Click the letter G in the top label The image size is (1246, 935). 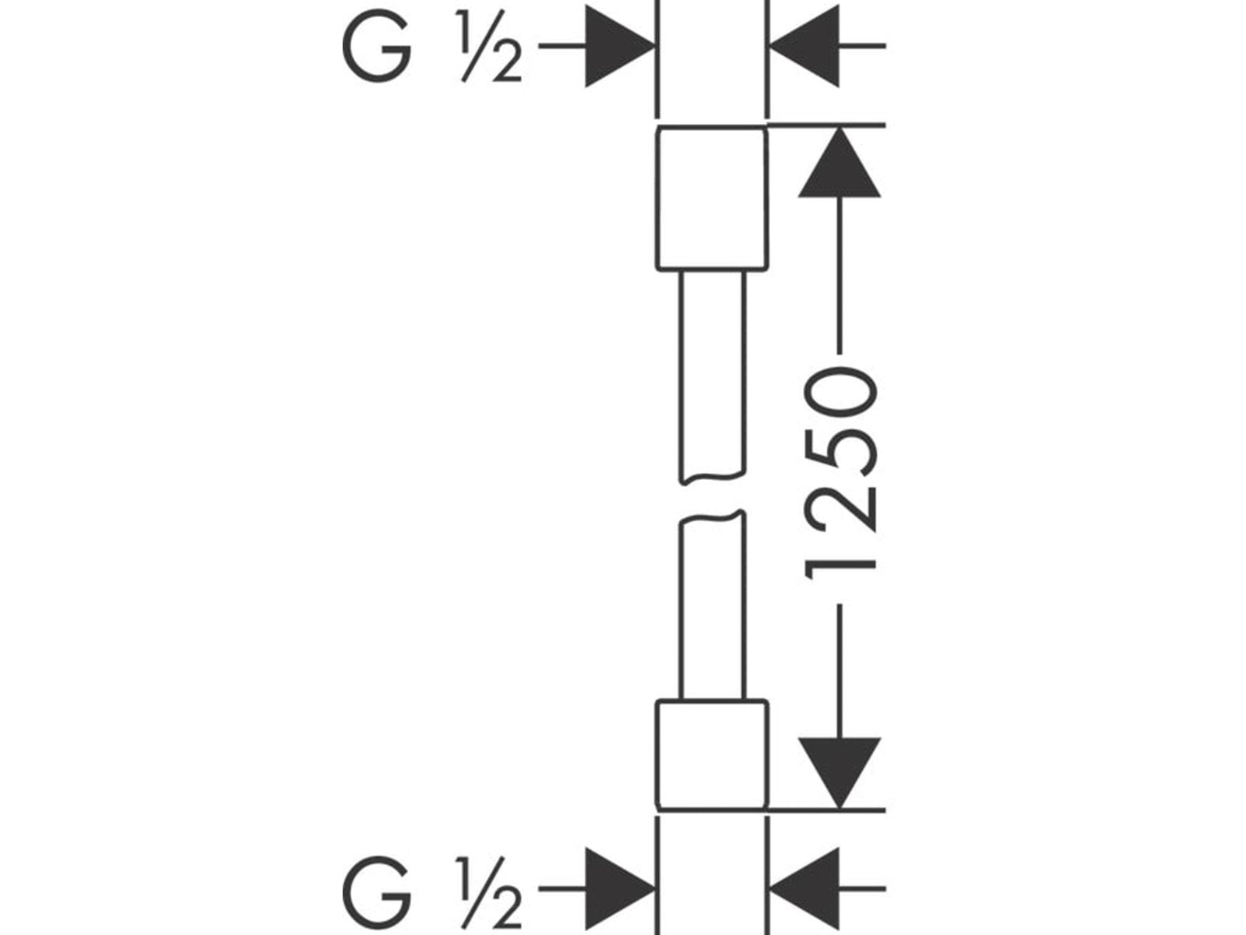[x=376, y=48]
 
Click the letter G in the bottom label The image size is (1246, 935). [x=376, y=889]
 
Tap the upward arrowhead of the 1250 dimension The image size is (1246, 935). [x=839, y=165]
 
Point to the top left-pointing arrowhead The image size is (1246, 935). [x=806, y=47]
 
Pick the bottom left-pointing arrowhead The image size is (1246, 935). [x=806, y=888]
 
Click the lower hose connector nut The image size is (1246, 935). [x=710, y=754]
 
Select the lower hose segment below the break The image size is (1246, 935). [x=713, y=608]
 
